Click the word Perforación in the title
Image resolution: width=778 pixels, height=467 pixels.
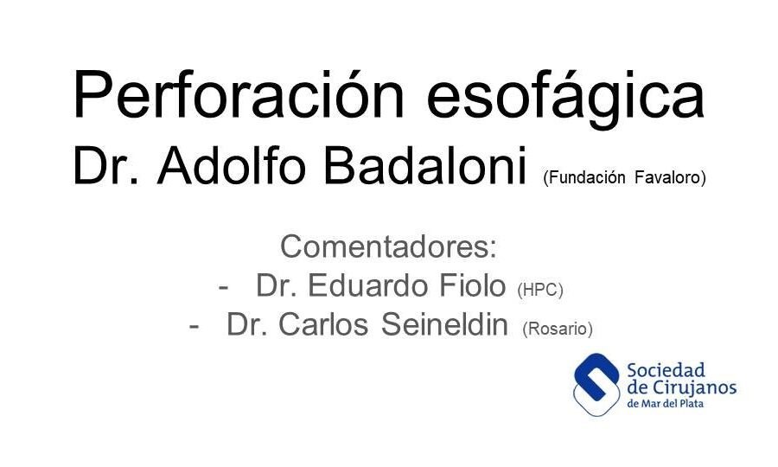239,93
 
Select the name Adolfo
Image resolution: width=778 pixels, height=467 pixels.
231,165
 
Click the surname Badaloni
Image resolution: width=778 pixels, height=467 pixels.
424,165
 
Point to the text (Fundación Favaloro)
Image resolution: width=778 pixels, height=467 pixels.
624,177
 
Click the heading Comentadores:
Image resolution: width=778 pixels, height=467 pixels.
388,246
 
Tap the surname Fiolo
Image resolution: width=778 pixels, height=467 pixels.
472,285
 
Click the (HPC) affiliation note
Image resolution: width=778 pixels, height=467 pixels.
539,290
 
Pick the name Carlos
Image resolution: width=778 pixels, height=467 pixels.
323,324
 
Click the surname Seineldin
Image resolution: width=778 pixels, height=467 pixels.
444,324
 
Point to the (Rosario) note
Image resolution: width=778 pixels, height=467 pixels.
558,329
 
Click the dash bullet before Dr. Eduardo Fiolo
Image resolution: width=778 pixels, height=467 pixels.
223,288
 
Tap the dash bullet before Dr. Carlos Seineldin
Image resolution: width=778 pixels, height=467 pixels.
194,327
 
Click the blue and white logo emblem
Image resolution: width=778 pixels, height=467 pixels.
596,385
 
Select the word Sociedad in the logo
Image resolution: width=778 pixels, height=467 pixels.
666,370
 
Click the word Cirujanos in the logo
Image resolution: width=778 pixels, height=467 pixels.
693,387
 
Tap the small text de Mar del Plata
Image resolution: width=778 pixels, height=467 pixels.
666,404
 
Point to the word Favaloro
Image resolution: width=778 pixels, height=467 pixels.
670,177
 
